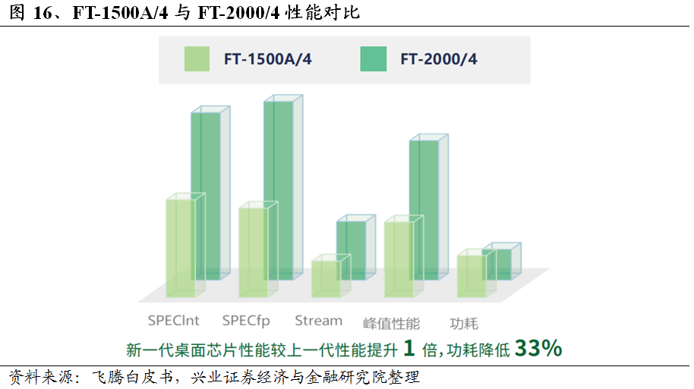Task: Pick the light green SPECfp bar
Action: [253, 252]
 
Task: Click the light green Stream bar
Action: [326, 278]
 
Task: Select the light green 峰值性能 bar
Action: [399, 259]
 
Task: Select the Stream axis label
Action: [318, 321]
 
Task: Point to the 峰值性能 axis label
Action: [392, 322]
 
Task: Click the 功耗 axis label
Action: [464, 322]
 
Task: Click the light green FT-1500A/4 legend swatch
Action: [197, 59]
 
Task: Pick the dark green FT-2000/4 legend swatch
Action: [374, 59]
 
